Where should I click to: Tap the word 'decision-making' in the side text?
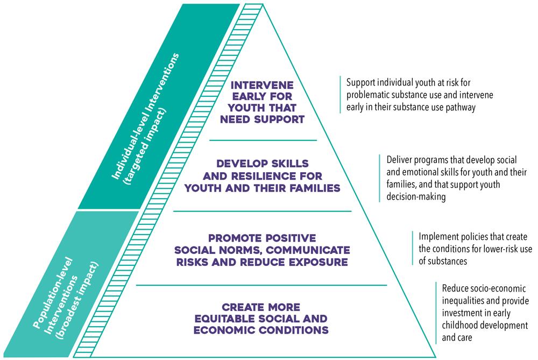click(416, 197)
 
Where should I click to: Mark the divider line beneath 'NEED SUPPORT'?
click(263, 139)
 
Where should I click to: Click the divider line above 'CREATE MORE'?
click(263, 285)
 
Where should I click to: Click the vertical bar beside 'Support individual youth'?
click(341, 94)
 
